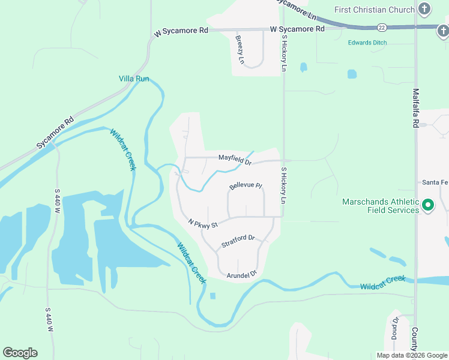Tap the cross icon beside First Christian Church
[425, 9]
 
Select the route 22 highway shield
[381, 28]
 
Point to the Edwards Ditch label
[367, 43]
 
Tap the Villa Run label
[134, 79]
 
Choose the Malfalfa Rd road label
[415, 108]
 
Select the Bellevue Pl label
[246, 186]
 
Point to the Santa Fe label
[435, 182]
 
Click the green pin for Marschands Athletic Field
[428, 206]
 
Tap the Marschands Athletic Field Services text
[381, 206]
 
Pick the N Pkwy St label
[202, 223]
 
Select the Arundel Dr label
[242, 274]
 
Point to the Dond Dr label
[395, 327]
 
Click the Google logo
[20, 353]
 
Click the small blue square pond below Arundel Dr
[212, 295]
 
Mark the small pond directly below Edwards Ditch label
[352, 74]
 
